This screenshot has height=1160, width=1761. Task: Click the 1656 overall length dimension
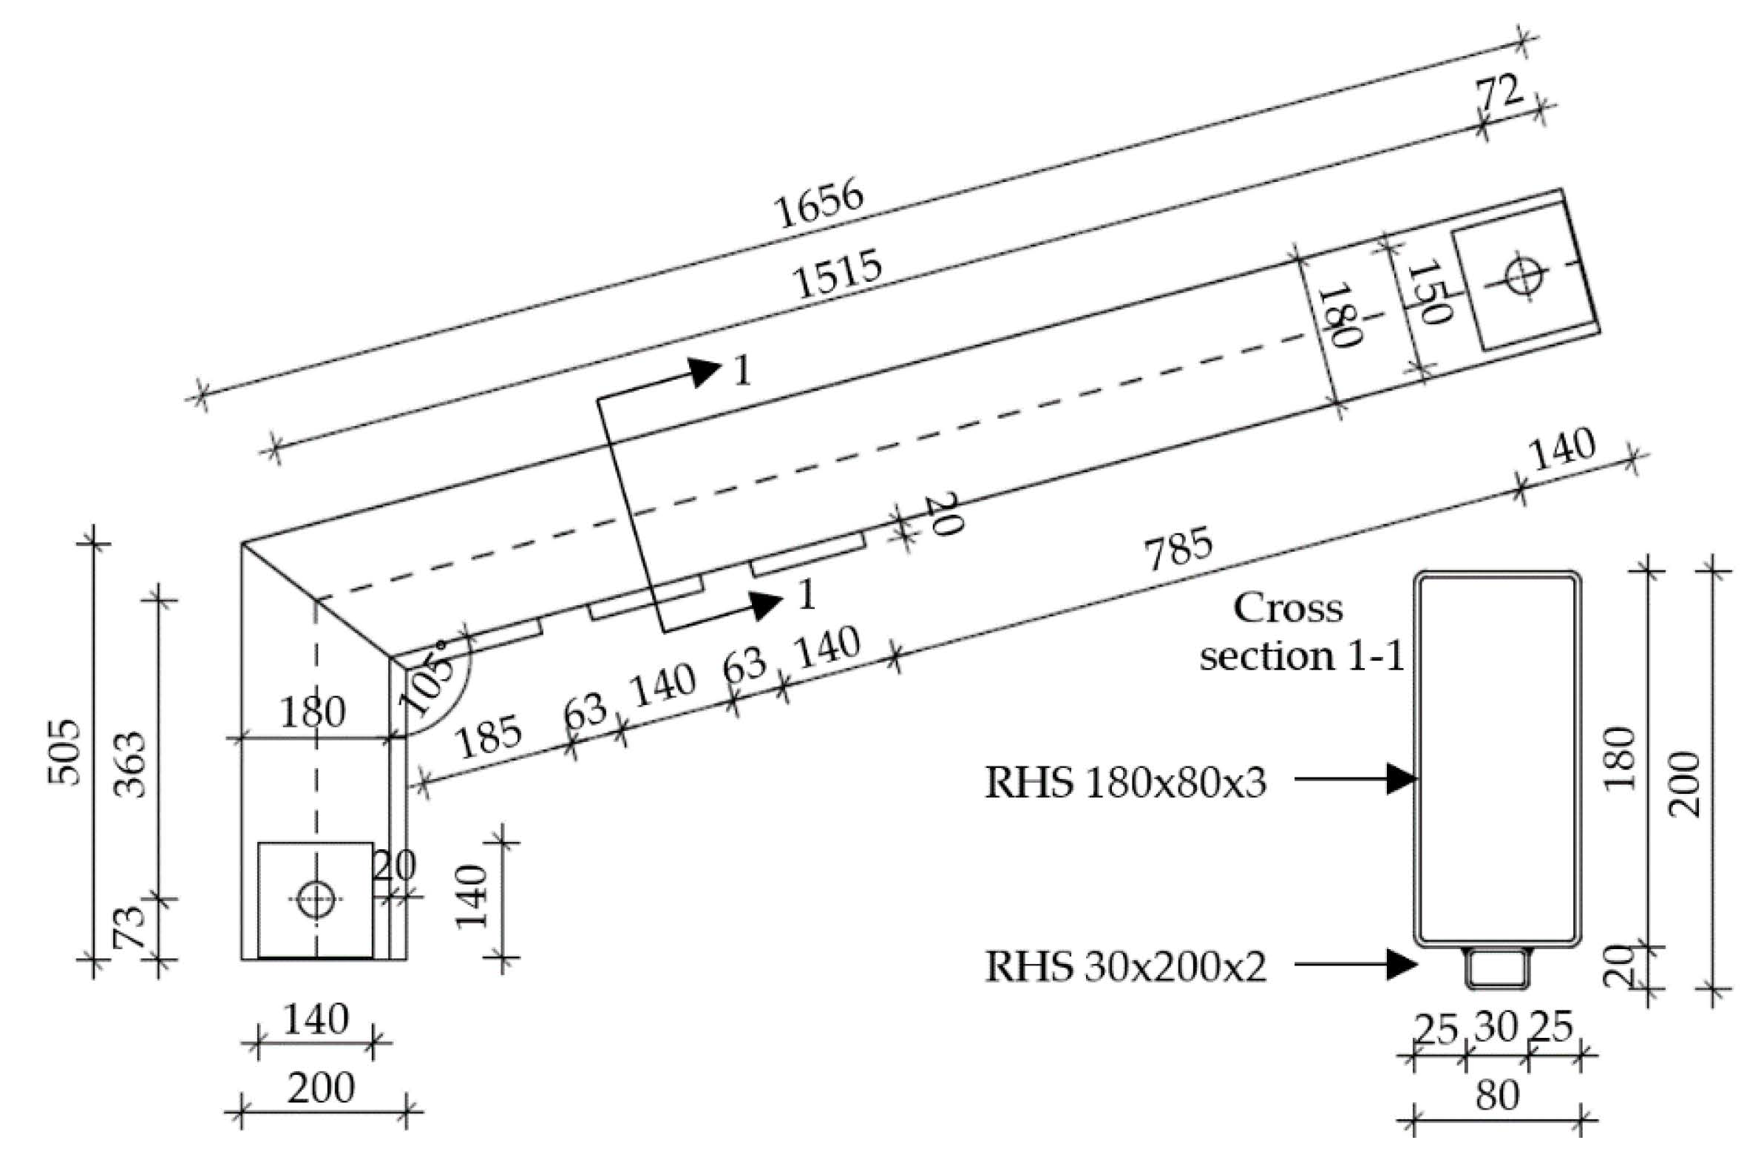818,203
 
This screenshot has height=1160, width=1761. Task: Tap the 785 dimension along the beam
1178,548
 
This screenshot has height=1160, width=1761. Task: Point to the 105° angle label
428,678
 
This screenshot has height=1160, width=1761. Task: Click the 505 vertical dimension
64,752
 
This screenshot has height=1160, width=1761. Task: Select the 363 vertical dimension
131,765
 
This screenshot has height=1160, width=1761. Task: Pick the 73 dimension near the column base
127,928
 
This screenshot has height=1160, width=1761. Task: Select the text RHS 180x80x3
1125,783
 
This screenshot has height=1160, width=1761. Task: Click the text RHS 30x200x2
1125,967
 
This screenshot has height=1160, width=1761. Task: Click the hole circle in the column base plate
315,899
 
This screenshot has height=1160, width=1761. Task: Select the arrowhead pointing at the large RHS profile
1402,779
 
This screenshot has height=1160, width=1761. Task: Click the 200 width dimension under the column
320,1088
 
